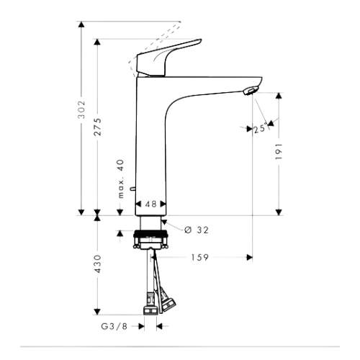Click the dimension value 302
[x=82, y=109]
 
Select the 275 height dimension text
[x=98, y=127]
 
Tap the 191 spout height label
[x=279, y=152]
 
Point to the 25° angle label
[x=261, y=129]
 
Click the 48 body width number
[x=151, y=204]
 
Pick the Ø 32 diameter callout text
[x=197, y=230]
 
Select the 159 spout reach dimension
[x=200, y=258]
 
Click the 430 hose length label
[x=98, y=264]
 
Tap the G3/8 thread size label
[x=114, y=326]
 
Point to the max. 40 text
[x=122, y=179]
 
